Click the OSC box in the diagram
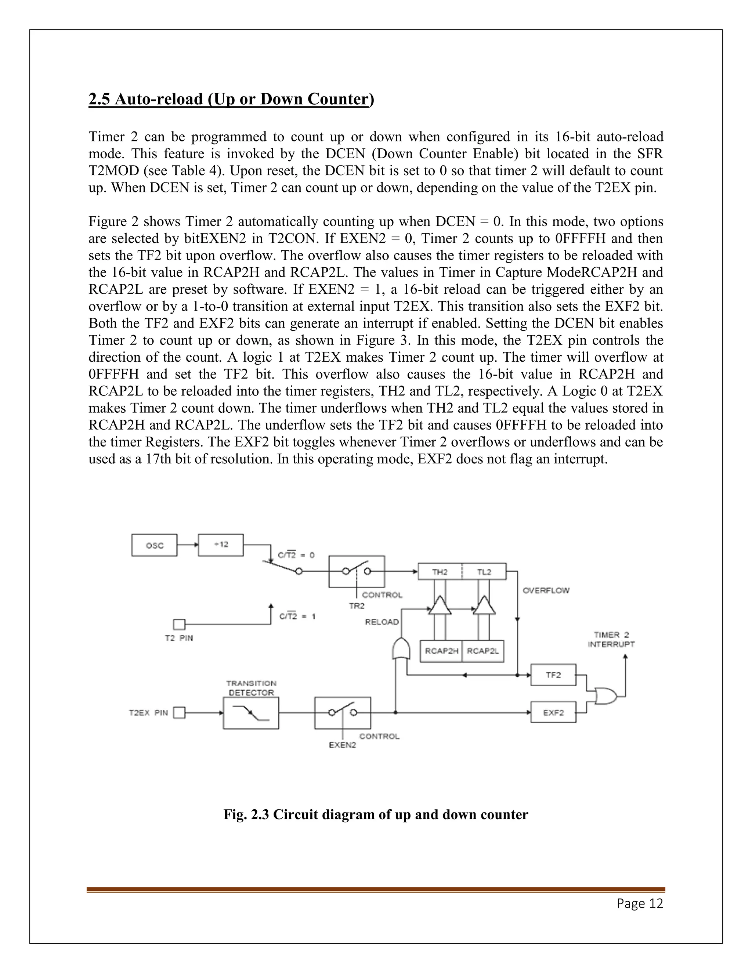[154, 545]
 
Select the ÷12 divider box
[221, 545]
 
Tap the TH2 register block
[440, 572]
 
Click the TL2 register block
[484, 572]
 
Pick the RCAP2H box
[441, 651]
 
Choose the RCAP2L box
[483, 651]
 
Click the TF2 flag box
[553, 675]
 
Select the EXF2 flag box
[553, 712]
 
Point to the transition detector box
[251, 713]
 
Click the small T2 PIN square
[179, 625]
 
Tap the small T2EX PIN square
[179, 713]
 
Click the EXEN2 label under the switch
[342, 745]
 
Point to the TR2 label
[357, 606]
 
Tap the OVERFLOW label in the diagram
[546, 590]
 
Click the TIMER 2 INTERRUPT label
[611, 639]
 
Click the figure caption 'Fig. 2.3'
[376, 814]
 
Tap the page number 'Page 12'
[640, 903]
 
